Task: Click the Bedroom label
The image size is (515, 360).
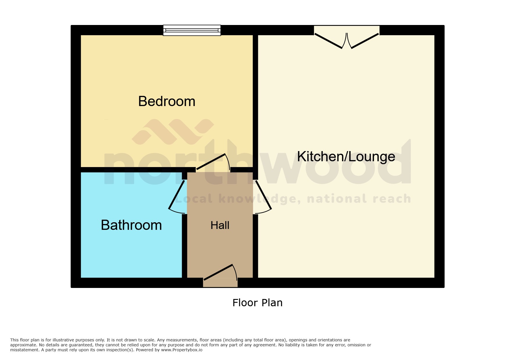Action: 167,101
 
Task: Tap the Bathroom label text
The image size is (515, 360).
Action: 131,225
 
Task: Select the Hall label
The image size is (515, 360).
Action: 220,225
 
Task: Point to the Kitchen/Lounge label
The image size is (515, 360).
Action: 346,157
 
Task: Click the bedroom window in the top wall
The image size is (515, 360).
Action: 192,30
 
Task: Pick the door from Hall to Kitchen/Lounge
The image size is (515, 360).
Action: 263,195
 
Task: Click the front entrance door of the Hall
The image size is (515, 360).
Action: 218,272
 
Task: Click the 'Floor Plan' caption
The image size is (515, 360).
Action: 257,303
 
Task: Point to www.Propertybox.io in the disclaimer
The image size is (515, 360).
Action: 182,350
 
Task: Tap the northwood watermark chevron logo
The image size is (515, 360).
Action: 173,132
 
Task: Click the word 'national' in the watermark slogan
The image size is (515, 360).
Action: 337,199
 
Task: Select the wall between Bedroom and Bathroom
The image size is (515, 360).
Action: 131,170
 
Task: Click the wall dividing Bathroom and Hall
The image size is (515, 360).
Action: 184,247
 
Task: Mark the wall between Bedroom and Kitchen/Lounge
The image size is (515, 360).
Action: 255,102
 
